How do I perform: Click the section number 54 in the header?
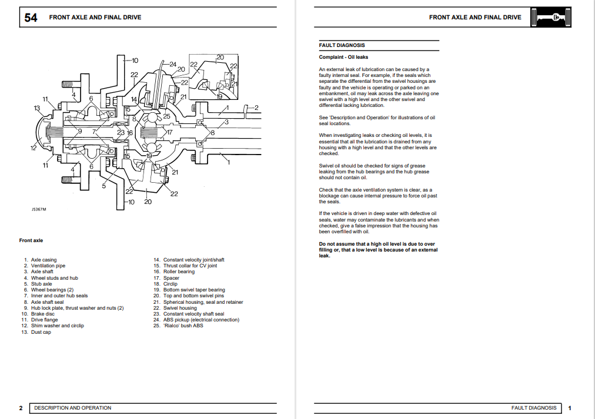click(31, 18)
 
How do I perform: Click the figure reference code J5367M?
click(39, 209)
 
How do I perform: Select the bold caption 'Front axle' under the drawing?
click(31, 240)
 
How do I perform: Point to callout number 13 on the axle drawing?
click(37, 108)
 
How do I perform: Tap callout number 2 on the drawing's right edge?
click(256, 107)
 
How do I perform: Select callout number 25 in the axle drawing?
click(166, 116)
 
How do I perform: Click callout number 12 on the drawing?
click(34, 148)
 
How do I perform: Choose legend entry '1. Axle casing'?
click(41, 260)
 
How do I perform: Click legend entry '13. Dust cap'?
click(37, 332)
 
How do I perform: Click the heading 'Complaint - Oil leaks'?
click(344, 57)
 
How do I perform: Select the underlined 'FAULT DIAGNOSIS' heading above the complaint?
click(342, 45)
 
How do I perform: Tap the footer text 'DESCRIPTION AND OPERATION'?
click(72, 408)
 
